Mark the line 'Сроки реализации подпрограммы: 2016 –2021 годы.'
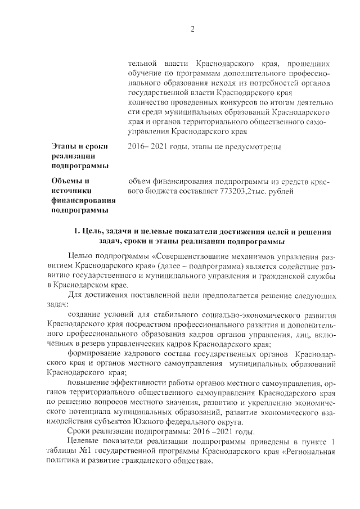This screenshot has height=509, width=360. click(160, 431)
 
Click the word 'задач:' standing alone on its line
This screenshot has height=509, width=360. click(56, 305)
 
